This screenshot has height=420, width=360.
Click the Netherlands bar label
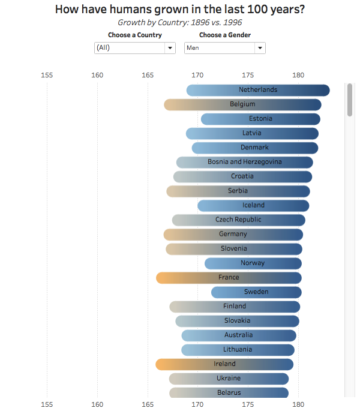258,90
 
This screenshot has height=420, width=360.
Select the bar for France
229,278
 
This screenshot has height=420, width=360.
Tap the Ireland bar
224,364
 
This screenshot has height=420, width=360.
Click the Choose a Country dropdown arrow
170,48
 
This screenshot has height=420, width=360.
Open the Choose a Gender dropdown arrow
260,48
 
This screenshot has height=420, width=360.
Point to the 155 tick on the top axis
47,75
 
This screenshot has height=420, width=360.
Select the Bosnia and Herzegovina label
244,162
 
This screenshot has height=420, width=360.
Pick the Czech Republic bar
238,220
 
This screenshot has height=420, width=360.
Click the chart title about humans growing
179,9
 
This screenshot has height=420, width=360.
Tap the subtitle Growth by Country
179,22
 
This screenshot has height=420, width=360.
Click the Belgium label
242,104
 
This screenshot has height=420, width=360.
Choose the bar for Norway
253,263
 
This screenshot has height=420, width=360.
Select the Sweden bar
256,292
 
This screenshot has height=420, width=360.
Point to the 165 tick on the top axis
148,75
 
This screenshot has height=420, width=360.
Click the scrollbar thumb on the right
350,100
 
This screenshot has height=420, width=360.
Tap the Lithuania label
238,350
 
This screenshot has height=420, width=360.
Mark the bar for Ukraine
229,379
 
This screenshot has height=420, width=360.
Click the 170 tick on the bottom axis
197,404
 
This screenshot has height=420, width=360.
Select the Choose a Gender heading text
225,35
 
